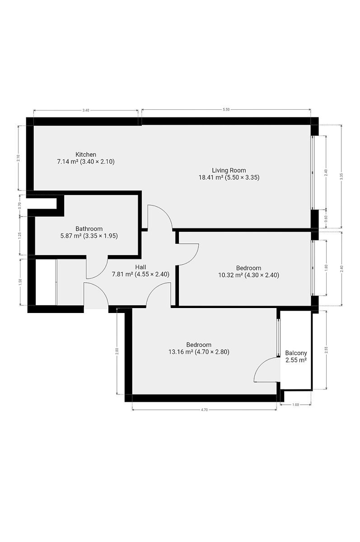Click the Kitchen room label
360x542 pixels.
tap(86, 154)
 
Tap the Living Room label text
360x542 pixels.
tap(229, 170)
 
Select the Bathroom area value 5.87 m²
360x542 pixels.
tap(70, 236)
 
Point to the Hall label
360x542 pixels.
tap(140, 267)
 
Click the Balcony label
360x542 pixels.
tap(296, 353)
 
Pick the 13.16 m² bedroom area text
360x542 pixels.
tap(181, 351)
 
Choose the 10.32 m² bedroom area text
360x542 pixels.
tap(230, 275)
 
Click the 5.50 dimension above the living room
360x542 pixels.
tap(226, 110)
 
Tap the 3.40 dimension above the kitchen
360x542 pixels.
tap(86, 110)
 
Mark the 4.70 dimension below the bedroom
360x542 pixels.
tap(205, 410)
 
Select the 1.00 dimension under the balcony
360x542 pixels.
tap(296, 405)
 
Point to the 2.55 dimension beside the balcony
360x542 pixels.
tap(326, 350)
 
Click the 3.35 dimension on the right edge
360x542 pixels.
tap(341, 177)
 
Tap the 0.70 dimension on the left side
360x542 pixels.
tap(20, 206)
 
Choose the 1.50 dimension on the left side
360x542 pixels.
tap(20, 282)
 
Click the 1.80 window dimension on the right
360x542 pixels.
tap(326, 267)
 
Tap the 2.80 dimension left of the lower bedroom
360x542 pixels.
tap(117, 350)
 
